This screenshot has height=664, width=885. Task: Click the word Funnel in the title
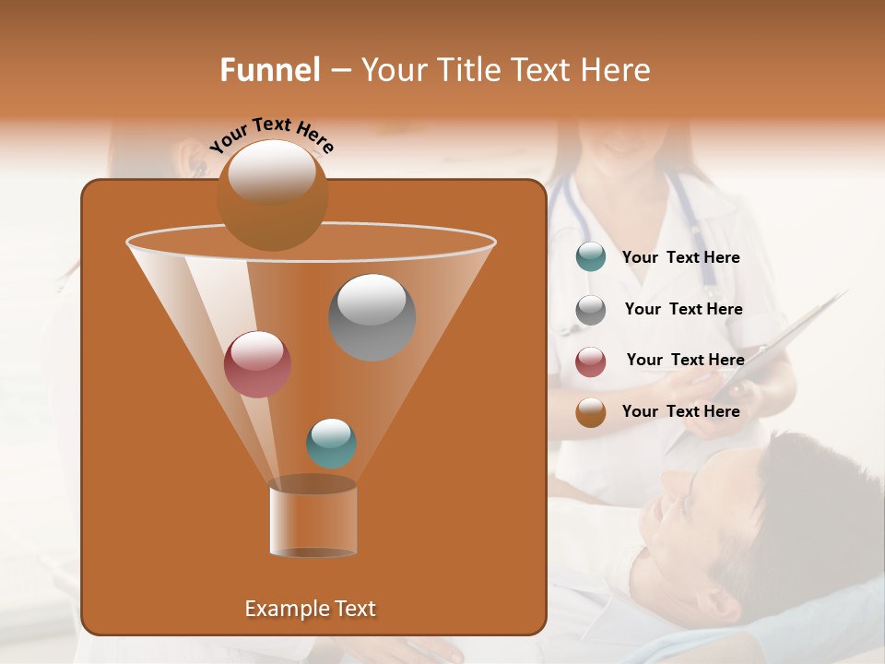coord(269,70)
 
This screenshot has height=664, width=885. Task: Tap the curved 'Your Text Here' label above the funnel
coord(271,135)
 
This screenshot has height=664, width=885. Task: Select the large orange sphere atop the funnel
coord(272,195)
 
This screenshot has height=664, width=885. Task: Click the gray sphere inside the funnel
coord(372,317)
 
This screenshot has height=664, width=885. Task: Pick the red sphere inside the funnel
coord(257,364)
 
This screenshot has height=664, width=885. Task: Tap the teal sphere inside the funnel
coord(331,444)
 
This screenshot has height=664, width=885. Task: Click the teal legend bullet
coord(591,257)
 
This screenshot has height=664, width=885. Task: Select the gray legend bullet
coord(591,310)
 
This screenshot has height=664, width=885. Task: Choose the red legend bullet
coord(591,362)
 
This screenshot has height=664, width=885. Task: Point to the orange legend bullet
coord(591,412)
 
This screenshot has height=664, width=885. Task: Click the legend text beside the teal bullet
coord(680,258)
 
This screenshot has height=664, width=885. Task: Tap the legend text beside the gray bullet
coord(683,309)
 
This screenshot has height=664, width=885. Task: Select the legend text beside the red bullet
coord(685,360)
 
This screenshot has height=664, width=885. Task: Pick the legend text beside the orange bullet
coord(680,411)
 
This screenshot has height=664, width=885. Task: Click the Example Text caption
coord(310,609)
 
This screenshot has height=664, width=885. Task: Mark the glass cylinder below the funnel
coord(313,520)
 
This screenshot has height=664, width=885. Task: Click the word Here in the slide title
coord(617,70)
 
